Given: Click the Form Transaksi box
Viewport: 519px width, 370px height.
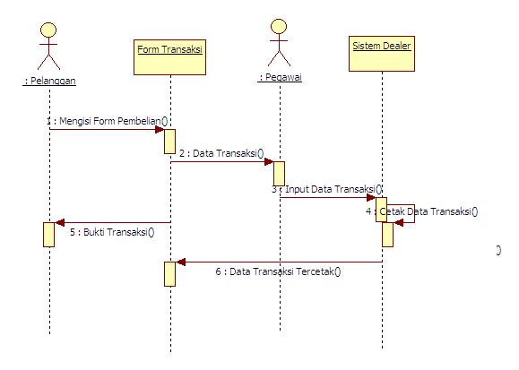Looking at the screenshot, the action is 169,57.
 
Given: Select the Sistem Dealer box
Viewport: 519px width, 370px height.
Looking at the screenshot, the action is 382,54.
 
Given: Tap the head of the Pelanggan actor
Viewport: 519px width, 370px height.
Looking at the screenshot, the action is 48,30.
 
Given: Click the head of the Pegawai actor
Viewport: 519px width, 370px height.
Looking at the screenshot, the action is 279,27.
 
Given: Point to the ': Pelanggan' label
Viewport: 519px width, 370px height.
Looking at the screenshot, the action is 49,81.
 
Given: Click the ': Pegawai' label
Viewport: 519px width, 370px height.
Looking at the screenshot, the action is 280,77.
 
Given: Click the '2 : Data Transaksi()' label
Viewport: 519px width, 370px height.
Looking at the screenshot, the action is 221,153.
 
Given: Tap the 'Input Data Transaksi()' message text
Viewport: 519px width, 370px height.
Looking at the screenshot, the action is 333,189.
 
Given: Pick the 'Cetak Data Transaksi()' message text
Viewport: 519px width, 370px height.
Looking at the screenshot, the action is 428,211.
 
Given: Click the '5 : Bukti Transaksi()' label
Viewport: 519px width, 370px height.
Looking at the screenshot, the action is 112,232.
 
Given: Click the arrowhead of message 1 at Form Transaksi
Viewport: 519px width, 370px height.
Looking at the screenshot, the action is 160,129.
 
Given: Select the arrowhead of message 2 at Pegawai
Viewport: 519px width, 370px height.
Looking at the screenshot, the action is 269,162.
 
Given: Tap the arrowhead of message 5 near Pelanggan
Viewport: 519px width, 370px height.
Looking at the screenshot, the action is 59,223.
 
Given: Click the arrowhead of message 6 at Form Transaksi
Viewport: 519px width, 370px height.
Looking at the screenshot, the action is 180,262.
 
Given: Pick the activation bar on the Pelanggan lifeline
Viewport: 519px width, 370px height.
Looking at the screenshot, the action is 48,235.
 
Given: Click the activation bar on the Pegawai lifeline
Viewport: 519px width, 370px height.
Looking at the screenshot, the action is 279,174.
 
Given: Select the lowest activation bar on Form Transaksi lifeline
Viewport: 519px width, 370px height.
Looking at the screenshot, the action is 169,274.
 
